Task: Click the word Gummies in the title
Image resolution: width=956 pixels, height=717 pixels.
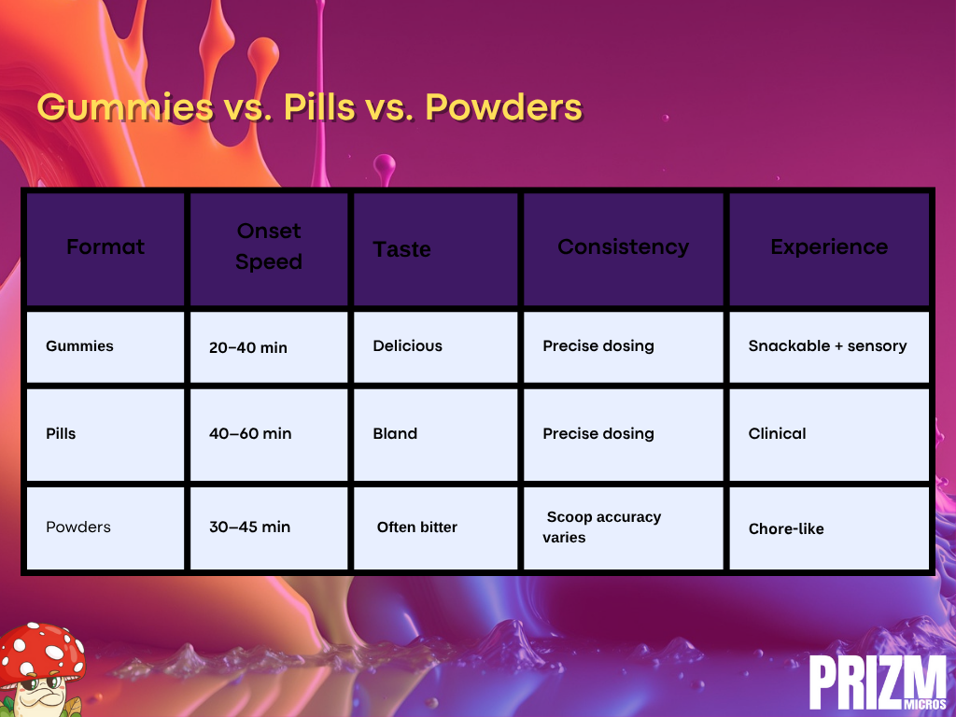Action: tap(126, 107)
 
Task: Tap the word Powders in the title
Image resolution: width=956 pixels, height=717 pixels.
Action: tap(504, 107)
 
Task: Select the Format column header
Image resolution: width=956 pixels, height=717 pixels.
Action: tap(105, 246)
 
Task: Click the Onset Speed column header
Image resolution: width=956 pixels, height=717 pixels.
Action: tap(269, 246)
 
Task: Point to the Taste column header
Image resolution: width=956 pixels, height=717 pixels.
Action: tap(401, 249)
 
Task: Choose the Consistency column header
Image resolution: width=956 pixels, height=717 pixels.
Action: tap(623, 246)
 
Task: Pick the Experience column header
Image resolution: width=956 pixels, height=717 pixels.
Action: tap(829, 246)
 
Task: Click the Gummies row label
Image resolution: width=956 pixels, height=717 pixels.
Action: tap(80, 346)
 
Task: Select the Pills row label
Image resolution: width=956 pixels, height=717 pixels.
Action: tap(61, 433)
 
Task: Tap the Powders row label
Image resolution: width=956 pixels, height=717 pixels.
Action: tap(78, 527)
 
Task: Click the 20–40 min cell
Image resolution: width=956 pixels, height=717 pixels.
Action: tap(248, 347)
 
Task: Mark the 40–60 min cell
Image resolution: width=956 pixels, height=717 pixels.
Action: tap(250, 433)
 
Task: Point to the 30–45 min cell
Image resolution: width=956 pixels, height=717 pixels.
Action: tap(250, 527)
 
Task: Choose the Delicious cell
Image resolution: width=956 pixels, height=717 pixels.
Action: tap(408, 345)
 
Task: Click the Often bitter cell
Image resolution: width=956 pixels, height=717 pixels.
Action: tap(417, 527)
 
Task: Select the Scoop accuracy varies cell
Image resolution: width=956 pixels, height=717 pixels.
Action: tap(602, 527)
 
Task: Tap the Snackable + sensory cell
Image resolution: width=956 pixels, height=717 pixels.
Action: tap(828, 345)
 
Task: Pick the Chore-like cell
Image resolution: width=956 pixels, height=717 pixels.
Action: tap(786, 528)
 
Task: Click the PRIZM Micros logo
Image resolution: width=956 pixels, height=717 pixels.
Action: tap(878, 682)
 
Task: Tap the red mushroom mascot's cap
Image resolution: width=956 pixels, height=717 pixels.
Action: tap(41, 651)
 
